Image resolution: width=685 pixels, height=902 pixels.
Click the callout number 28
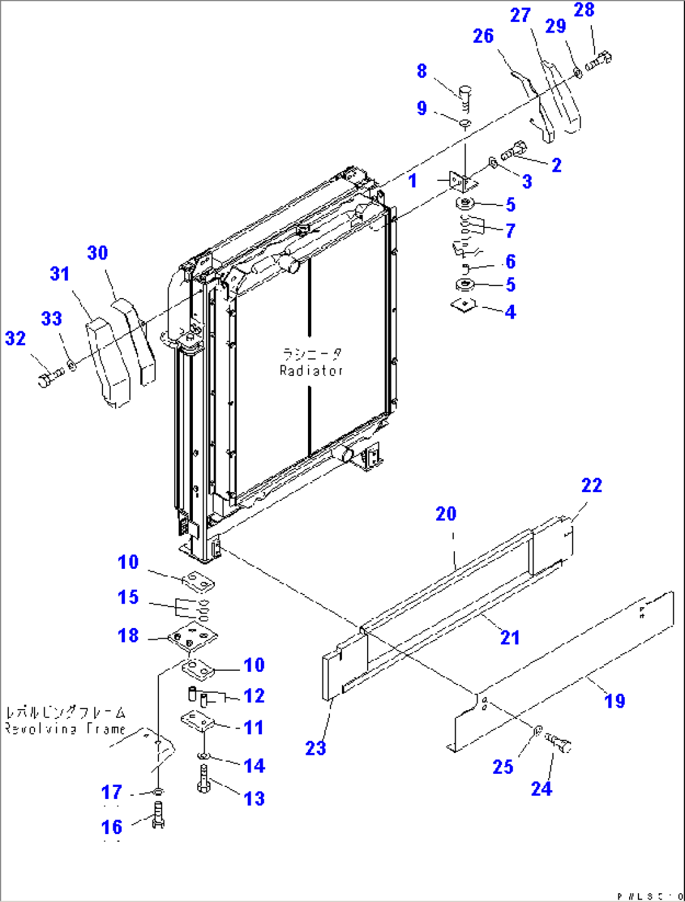(584, 10)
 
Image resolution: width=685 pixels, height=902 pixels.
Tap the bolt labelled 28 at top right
(599, 62)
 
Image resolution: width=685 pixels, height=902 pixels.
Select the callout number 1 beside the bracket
(412, 181)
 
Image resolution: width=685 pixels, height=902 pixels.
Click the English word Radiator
(312, 371)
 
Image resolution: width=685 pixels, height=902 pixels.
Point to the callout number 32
(16, 338)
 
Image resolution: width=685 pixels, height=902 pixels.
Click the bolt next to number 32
(49, 378)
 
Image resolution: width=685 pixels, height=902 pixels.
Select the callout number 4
(510, 312)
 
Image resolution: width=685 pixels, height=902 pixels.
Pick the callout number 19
(614, 701)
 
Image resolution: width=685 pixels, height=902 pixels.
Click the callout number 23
(315, 748)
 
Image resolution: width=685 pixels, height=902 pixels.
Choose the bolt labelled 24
(559, 742)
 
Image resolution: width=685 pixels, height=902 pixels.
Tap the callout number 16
(112, 827)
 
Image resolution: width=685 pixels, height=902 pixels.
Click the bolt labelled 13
(203, 780)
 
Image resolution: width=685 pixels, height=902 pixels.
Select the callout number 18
(128, 635)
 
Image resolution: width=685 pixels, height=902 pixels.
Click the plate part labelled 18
(192, 638)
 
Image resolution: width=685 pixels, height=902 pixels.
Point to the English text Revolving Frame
(65, 729)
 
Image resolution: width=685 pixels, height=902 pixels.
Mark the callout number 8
(422, 71)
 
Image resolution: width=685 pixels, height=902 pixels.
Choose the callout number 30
(97, 253)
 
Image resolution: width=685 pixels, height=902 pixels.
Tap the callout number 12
(254, 696)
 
